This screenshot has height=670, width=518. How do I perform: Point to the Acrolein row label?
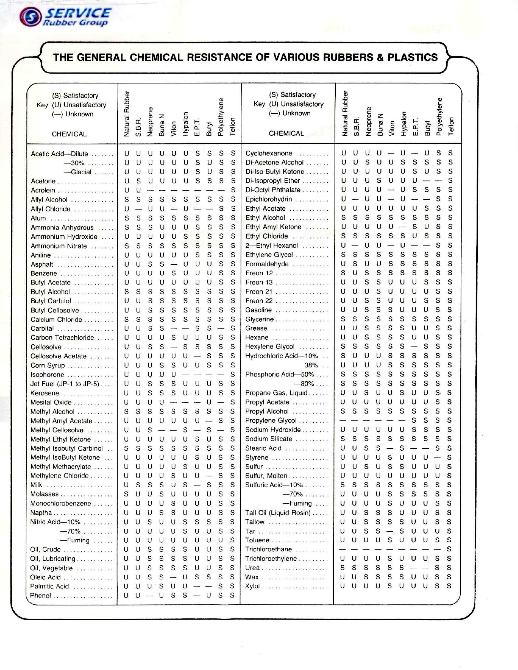click(43, 190)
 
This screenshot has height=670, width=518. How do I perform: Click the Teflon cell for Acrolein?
click(233, 190)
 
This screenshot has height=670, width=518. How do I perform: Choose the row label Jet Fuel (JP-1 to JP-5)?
click(65, 384)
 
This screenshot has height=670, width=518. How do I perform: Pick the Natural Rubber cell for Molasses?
click(126, 494)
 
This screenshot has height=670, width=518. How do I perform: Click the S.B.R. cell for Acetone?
click(139, 181)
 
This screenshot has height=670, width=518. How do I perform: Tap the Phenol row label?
click(41, 595)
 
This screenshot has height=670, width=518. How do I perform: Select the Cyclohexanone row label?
click(269, 153)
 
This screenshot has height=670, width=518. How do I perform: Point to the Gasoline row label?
click(258, 310)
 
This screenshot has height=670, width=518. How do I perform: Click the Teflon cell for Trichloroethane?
click(449, 549)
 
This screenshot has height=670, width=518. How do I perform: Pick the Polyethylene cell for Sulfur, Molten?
click(438, 476)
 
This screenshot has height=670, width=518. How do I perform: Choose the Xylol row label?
click(252, 586)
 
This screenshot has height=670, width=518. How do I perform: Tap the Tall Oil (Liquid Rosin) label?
click(278, 513)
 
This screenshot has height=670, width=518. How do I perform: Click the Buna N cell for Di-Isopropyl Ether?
click(379, 180)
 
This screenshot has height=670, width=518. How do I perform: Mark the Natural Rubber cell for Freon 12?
click(343, 273)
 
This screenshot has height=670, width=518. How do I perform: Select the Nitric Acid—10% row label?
click(55, 522)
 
